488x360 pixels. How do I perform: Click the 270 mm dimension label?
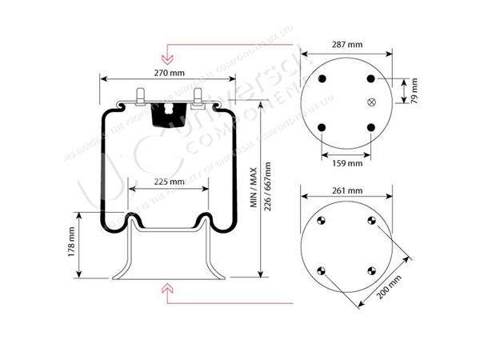[169, 73]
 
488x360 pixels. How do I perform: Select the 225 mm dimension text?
[169, 182]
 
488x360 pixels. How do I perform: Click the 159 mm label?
[346, 162]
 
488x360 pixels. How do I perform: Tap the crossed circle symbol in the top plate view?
[370, 102]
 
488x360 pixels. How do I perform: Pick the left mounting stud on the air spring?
[141, 96]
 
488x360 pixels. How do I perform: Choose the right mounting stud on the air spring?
[197, 96]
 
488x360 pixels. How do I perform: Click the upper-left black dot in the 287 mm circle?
[322, 78]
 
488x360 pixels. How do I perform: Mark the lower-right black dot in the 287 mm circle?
[370, 127]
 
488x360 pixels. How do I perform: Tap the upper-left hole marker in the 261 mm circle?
[320, 222]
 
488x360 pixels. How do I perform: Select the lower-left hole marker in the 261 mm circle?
[320, 270]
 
